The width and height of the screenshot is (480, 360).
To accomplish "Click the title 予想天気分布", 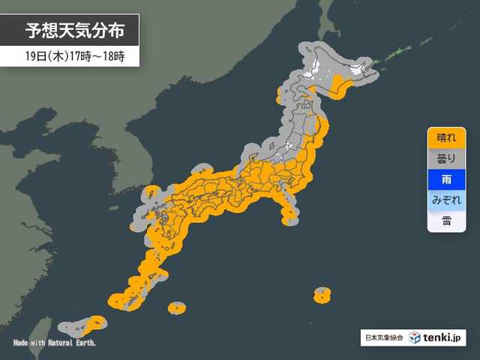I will point(70,31).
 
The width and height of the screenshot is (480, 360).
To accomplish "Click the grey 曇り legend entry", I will point(446,159).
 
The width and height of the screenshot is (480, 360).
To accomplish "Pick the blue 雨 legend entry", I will point(446,180).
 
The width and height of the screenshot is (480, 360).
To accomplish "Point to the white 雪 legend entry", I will point(446,221).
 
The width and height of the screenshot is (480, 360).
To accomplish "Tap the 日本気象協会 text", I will point(384,338).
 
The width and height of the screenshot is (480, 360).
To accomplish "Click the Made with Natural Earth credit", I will point(54,343).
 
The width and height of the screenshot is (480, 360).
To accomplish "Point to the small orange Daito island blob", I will point(176,307).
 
